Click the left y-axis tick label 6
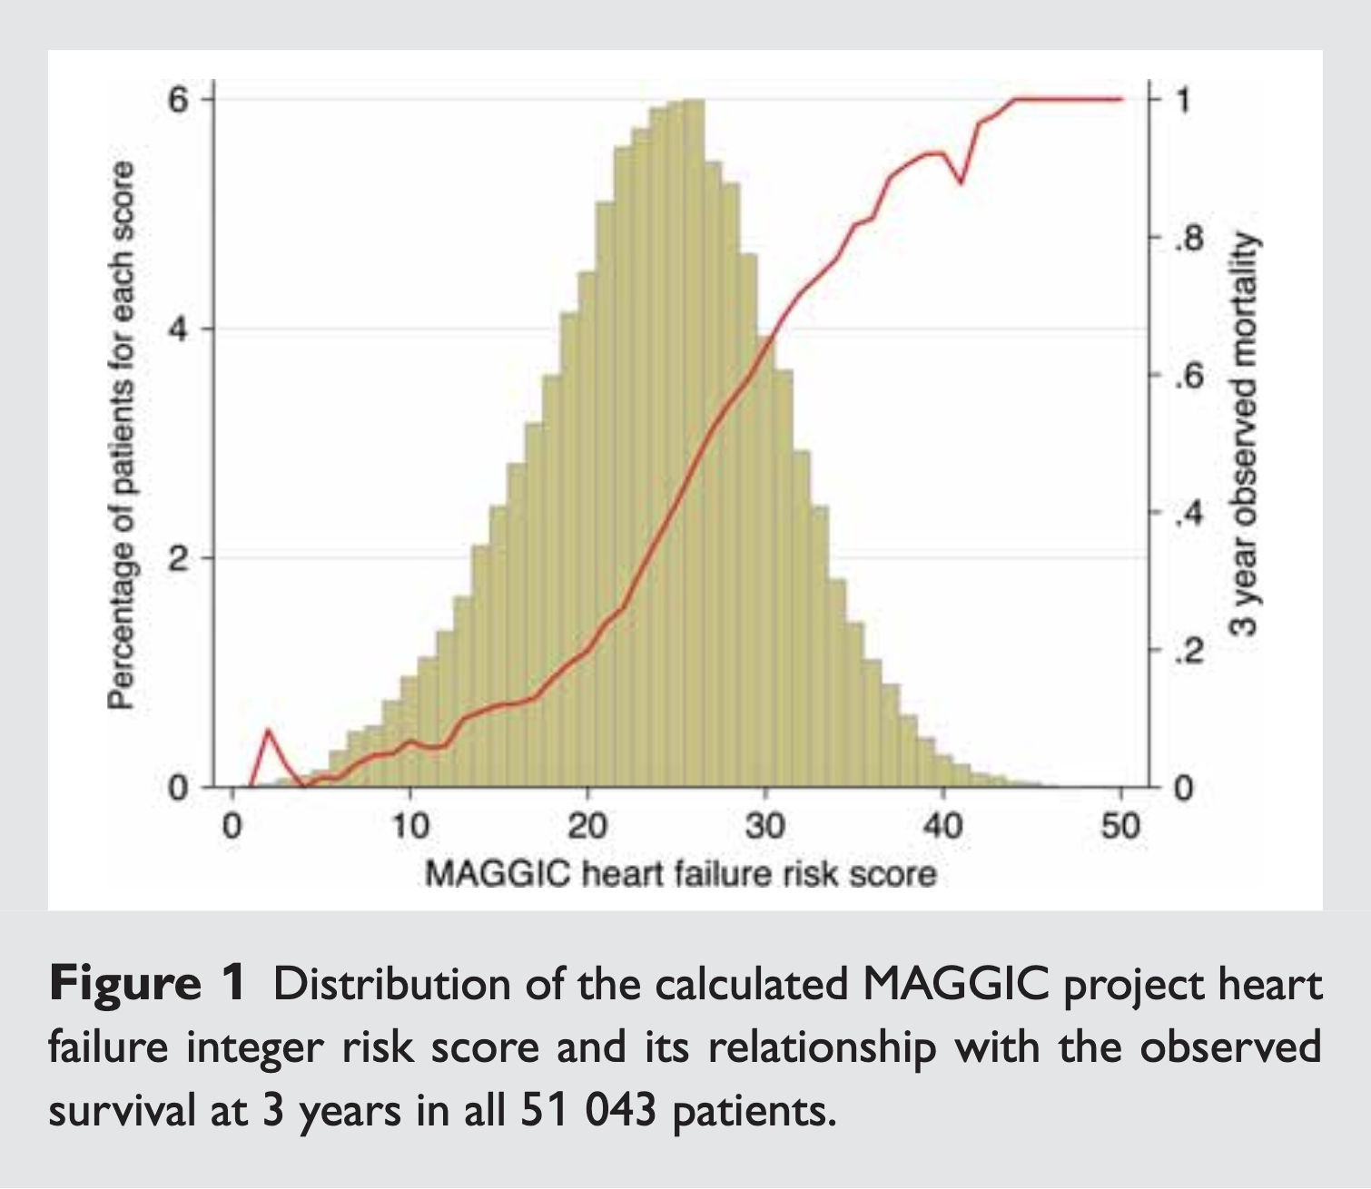[x=177, y=99]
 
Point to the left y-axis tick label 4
[x=177, y=329]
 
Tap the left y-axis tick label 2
[x=177, y=558]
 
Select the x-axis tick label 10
[x=409, y=827]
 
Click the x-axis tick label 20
[x=587, y=827]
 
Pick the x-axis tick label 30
[x=765, y=827]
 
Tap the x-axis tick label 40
[x=942, y=827]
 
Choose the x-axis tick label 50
[x=1120, y=827]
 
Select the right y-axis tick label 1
[x=1182, y=99]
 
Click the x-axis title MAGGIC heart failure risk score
[x=680, y=875]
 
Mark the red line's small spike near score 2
[x=268, y=731]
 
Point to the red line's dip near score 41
[x=961, y=182]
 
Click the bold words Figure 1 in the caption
[x=147, y=984]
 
